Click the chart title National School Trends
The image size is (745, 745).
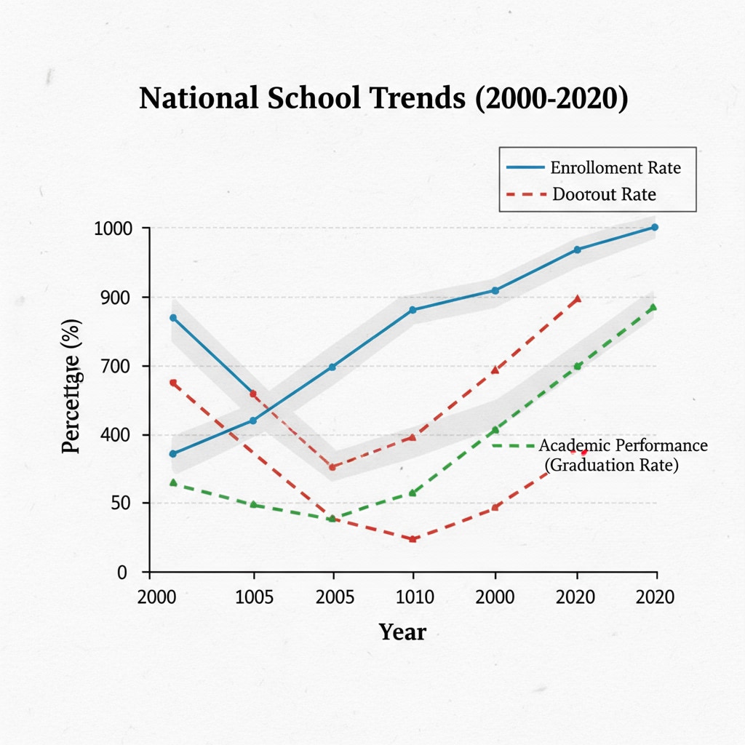click(x=383, y=99)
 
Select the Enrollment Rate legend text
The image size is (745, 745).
click(x=615, y=168)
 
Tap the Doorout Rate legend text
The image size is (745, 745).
click(x=604, y=195)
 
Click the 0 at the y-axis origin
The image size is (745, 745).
click(x=122, y=573)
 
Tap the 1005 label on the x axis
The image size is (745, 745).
click(x=255, y=598)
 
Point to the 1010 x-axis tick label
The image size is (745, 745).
click(x=414, y=598)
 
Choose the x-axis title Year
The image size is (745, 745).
click(x=402, y=632)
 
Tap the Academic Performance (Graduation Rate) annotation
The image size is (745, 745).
click(x=621, y=455)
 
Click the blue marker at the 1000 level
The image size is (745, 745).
click(x=655, y=228)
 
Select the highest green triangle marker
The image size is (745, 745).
click(x=653, y=308)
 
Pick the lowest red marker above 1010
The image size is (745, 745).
click(x=413, y=539)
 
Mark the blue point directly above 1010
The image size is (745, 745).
click(x=413, y=310)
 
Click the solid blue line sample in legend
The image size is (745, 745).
click(x=525, y=168)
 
